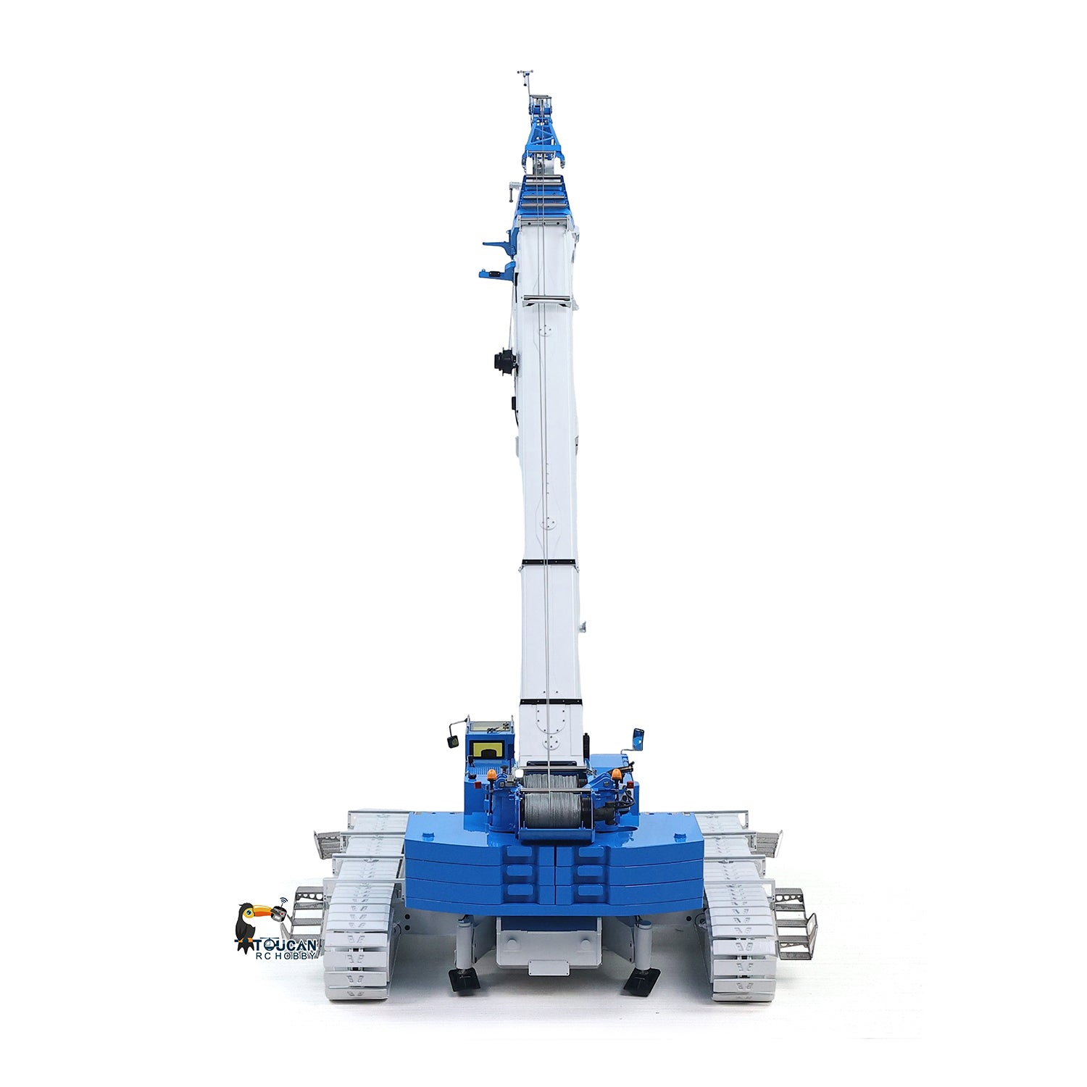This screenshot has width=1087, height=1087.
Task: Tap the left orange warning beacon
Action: [493, 775]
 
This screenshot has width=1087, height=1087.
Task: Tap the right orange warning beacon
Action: [617, 775]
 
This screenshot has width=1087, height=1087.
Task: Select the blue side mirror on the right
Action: [638, 738]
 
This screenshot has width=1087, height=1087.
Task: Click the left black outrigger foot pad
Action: [464, 980]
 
